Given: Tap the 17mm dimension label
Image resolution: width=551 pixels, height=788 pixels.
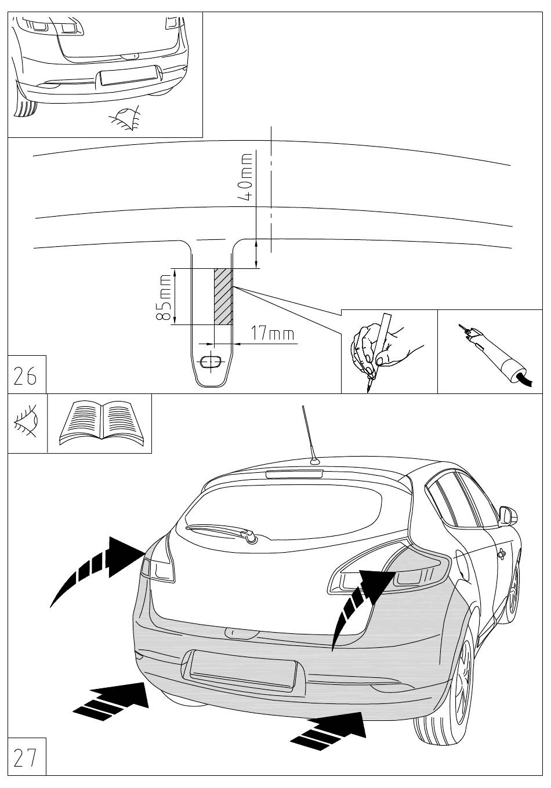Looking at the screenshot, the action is tap(272, 334).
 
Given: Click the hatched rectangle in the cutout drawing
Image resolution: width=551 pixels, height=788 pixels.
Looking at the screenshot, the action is tap(224, 296).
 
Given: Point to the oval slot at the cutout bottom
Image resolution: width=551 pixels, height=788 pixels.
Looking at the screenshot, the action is tap(210, 363).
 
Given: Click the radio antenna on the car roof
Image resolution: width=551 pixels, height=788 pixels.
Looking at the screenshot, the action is tap(309, 435).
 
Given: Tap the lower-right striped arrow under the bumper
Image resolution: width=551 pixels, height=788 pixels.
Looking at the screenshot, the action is tap(331, 728).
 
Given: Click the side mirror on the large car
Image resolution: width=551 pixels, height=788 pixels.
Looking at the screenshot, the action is tap(508, 515).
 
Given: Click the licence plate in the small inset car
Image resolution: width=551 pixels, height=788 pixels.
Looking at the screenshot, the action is tap(129, 76).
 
